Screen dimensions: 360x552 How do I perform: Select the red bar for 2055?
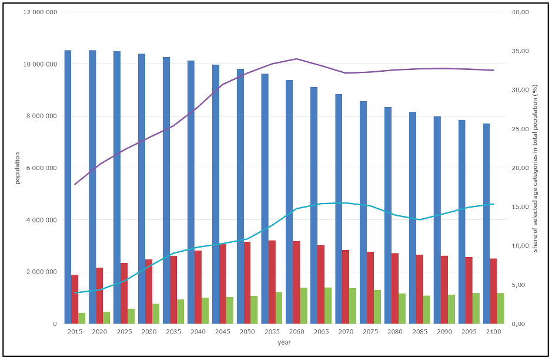pos(272,282)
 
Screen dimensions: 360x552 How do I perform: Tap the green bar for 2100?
pos(500,308)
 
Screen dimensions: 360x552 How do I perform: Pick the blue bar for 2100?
pos(486,224)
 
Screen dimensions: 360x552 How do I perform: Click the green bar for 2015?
pos(82,318)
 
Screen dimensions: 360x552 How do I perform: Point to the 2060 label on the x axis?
pos(296,332)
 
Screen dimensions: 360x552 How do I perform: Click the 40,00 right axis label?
pos(521,12)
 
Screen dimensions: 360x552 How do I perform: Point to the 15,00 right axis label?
pos(521,207)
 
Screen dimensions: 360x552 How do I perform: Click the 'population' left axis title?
pos(18,168)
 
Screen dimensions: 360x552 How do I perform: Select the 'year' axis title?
pos(284,342)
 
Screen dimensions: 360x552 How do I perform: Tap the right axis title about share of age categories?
pos(536,168)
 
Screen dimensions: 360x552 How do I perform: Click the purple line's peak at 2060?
pos(296,59)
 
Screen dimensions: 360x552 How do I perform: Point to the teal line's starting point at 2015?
pos(75,293)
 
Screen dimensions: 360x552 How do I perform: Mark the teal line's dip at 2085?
pos(419,219)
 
